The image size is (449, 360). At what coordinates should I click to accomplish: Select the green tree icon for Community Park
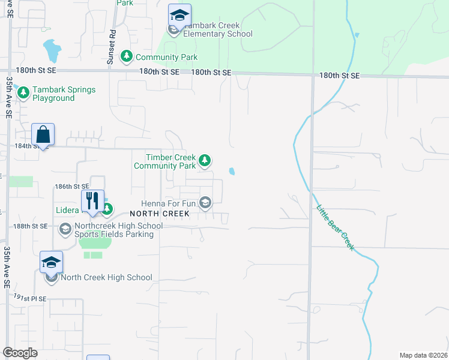[x=126, y=56]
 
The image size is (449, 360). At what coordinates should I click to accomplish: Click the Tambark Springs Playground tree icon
[x=23, y=93]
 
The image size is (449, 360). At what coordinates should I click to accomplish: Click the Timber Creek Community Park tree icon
[x=205, y=160]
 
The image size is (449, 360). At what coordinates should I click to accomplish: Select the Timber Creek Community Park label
[x=165, y=161]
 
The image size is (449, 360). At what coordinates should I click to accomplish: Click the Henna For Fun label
[x=168, y=203]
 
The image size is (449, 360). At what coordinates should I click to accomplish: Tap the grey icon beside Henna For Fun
[x=205, y=203]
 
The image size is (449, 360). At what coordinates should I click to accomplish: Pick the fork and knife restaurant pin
[x=92, y=200]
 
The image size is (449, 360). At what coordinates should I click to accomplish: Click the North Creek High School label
[x=106, y=278]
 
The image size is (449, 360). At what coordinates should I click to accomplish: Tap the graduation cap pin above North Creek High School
[x=51, y=262]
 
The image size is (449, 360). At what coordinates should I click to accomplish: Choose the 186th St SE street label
[x=71, y=187]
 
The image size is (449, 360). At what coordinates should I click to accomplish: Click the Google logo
[x=20, y=353]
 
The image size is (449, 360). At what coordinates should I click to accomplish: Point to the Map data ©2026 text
[x=423, y=355]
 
